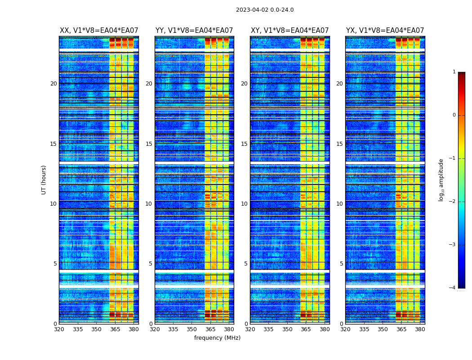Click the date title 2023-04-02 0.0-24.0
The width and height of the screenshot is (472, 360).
(265, 10)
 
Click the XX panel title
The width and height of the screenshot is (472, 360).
(99, 31)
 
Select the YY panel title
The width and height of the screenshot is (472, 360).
(194, 31)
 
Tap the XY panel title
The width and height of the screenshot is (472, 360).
(289, 31)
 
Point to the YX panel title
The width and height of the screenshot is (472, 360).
(385, 31)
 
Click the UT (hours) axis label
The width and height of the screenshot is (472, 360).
(44, 180)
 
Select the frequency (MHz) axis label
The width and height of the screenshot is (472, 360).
(217, 338)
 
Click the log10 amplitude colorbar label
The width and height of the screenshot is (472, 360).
(441, 180)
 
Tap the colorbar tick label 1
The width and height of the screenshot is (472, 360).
(454, 72)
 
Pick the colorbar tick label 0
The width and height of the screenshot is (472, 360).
(454, 115)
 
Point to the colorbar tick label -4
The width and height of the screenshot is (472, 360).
(453, 288)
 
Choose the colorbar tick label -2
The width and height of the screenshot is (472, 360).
(453, 202)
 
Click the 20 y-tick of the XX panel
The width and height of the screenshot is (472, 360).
(53, 84)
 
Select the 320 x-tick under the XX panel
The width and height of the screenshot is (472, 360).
(59, 329)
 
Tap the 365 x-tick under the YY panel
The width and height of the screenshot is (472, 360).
(210, 329)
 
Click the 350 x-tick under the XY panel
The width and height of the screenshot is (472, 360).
(287, 329)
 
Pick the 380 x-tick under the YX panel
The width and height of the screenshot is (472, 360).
(420, 329)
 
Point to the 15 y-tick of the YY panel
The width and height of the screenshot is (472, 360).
(149, 144)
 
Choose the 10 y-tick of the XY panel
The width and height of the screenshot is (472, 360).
(244, 204)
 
